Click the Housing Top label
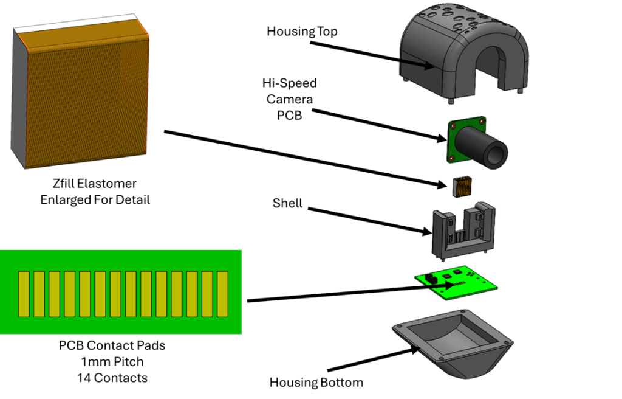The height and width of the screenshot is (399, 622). [302, 31]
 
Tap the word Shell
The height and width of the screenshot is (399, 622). [287, 203]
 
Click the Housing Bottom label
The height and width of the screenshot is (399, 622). [316, 383]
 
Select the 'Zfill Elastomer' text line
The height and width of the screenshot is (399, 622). [94, 183]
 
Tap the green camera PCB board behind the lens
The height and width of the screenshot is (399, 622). [456, 130]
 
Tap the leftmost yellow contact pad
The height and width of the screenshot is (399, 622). [24, 294]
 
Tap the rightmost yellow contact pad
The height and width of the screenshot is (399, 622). [222, 294]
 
